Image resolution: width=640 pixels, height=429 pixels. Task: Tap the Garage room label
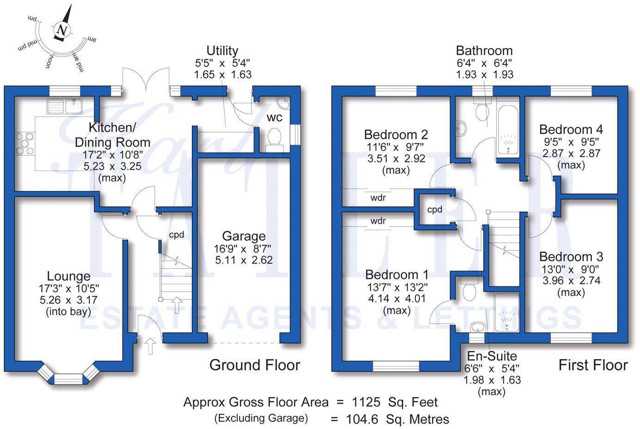(x=244, y=236)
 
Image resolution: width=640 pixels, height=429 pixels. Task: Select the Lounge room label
(x=69, y=276)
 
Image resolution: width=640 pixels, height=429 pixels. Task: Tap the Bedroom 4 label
(x=571, y=129)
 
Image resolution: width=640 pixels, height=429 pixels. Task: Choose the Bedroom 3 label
(x=571, y=257)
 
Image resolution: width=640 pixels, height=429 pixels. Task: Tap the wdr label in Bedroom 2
(x=378, y=198)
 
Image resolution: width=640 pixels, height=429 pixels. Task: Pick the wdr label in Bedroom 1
(x=378, y=221)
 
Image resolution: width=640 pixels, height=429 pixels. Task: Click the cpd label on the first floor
(x=435, y=209)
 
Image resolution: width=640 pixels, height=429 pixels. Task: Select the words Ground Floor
(x=255, y=365)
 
